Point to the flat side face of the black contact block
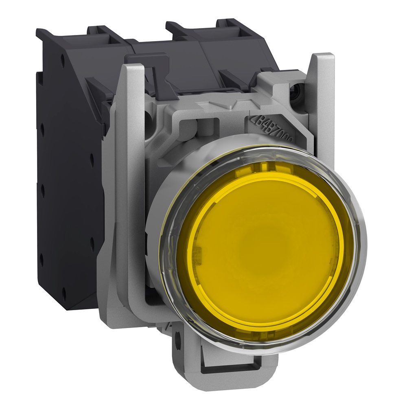pos(73,183)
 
